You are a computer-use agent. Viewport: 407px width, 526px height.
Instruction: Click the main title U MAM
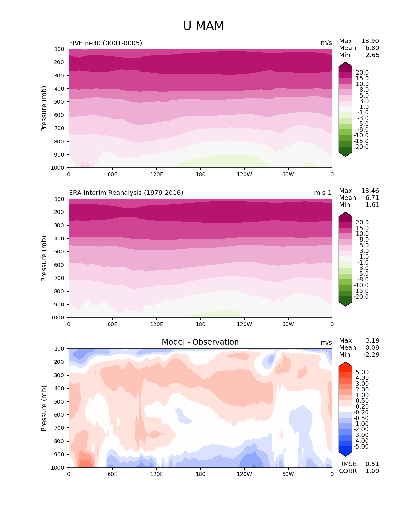[203, 26]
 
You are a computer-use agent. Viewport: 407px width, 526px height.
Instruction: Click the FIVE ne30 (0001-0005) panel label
[105, 43]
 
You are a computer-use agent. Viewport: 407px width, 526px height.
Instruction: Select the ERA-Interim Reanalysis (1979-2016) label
[126, 193]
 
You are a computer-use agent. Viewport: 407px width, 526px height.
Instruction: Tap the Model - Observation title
[200, 342]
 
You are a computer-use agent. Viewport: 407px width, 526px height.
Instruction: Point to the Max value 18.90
[370, 41]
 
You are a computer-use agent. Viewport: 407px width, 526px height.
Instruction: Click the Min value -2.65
[371, 55]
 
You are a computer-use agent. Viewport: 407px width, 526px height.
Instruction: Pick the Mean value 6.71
[372, 198]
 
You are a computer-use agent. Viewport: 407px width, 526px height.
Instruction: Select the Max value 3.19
[373, 341]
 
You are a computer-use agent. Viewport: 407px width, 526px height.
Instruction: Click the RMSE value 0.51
[372, 464]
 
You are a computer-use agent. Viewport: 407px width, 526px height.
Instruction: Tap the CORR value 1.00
[372, 471]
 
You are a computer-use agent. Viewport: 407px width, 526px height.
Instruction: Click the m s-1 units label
[323, 193]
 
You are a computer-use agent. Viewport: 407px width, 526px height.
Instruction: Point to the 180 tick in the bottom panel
[200, 474]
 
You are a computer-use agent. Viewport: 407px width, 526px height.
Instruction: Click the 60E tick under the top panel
[112, 175]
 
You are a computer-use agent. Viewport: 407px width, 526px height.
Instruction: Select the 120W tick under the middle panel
[244, 325]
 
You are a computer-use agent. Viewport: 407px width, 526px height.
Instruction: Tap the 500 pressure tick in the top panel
[60, 102]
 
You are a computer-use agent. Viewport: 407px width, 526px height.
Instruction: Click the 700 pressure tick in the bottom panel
[60, 428]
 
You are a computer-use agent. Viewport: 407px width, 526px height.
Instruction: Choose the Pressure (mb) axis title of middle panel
[44, 259]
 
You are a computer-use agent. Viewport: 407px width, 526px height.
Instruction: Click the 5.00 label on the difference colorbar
[362, 372]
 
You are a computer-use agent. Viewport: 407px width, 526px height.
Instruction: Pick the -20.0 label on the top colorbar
[361, 147]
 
